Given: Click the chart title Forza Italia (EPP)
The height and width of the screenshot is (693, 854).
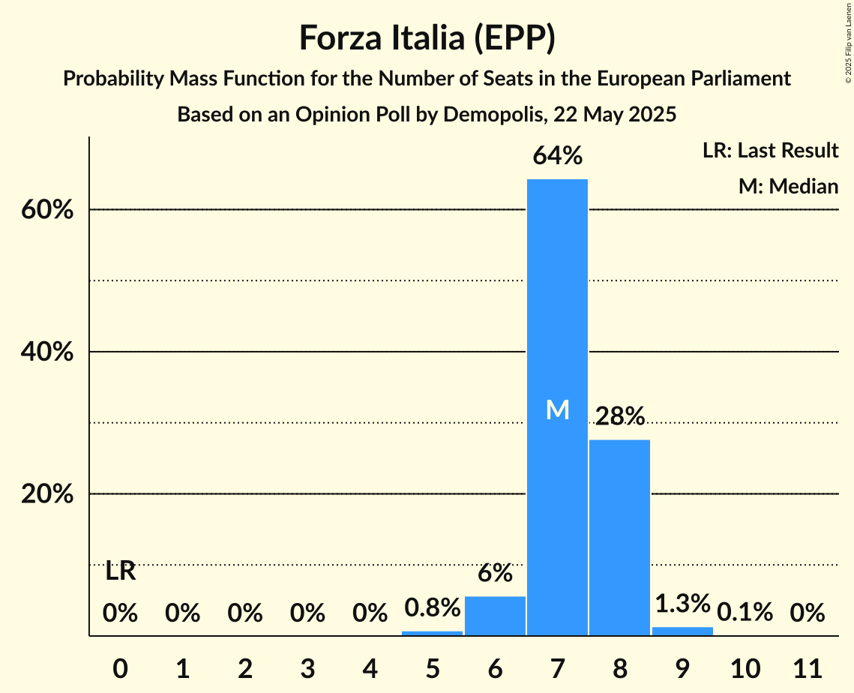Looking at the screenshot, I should click(427, 38).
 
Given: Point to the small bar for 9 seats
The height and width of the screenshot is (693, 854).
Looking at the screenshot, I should click(682, 631).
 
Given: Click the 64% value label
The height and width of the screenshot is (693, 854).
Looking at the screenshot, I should click(557, 156).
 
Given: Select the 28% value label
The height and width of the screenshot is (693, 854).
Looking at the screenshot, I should click(619, 415).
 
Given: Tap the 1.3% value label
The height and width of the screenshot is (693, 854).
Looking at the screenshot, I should click(682, 603).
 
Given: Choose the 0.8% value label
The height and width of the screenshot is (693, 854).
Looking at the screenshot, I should click(432, 607).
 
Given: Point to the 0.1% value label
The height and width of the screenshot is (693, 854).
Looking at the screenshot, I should click(745, 612).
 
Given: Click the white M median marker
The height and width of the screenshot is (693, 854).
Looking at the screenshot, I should click(557, 409).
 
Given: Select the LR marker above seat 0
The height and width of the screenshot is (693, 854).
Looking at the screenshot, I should click(120, 571).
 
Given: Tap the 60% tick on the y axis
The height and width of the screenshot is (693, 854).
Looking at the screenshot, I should click(46, 210).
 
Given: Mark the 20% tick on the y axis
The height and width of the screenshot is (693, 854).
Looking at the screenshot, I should click(46, 494).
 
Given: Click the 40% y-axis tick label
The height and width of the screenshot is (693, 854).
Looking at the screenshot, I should click(46, 352).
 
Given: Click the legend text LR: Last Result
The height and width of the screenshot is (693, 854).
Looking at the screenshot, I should click(770, 151).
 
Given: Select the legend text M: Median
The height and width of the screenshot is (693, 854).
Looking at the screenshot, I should click(787, 186).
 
